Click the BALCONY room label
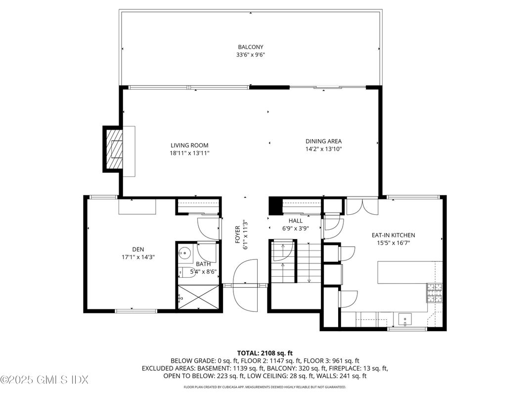point(251,48)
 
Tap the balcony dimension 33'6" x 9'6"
point(251,55)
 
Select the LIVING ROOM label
point(189,146)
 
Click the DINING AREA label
point(323,141)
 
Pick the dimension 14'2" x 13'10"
point(323,149)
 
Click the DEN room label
point(138,249)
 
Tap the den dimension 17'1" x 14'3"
point(138,257)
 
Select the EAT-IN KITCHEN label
point(393,235)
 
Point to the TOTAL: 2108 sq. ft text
point(265,353)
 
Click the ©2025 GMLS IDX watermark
point(44,380)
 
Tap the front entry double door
point(246,284)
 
